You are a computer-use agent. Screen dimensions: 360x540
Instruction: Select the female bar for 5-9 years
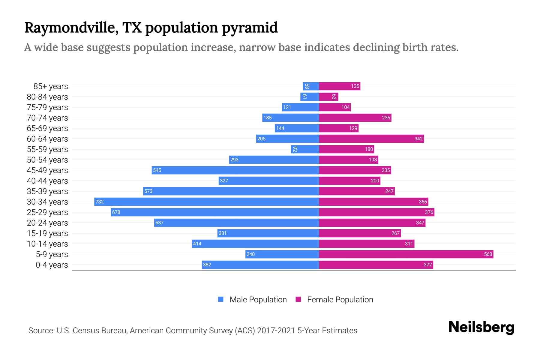click(x=406, y=254)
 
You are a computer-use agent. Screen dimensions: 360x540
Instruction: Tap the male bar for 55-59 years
click(x=304, y=149)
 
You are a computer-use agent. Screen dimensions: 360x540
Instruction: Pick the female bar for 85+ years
click(x=339, y=86)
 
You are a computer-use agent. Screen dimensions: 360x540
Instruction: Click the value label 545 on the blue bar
click(x=157, y=170)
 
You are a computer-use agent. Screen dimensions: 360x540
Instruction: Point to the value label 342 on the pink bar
click(x=418, y=139)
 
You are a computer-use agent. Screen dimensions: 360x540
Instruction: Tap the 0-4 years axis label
click(x=52, y=265)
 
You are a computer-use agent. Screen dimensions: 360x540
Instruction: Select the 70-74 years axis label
click(x=47, y=118)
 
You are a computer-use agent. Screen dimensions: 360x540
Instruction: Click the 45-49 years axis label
click(x=47, y=170)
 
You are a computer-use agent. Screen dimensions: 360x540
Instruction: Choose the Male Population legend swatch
click(x=221, y=299)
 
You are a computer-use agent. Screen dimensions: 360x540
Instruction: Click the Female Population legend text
click(x=340, y=299)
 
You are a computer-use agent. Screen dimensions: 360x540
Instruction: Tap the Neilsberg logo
click(x=481, y=327)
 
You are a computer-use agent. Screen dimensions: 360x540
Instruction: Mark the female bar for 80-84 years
click(x=328, y=97)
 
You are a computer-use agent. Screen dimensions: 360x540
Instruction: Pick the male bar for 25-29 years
click(x=214, y=212)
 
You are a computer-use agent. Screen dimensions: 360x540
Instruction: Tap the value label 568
click(x=488, y=254)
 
